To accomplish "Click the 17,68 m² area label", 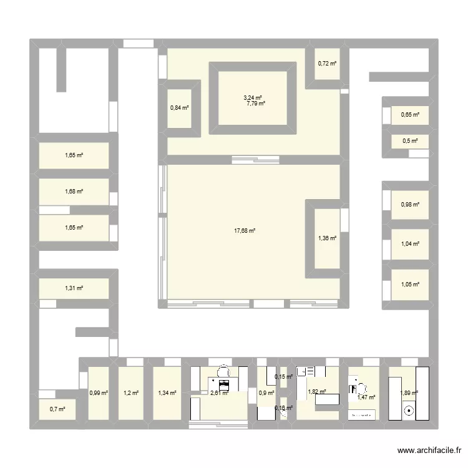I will pyautogui.click(x=245, y=231).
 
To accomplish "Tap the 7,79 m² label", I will pyautogui.click(x=256, y=104).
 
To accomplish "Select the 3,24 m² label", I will pyautogui.click(x=253, y=97).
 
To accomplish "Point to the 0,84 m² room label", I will pyautogui.click(x=180, y=107).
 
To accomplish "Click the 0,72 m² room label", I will pyautogui.click(x=328, y=63).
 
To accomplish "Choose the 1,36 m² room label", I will pyautogui.click(x=328, y=238).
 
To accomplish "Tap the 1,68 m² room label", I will pyautogui.click(x=74, y=192).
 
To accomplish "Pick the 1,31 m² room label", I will pyautogui.click(x=74, y=288).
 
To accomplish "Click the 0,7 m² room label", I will pyautogui.click(x=57, y=409).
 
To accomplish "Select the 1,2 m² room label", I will pyautogui.click(x=130, y=392).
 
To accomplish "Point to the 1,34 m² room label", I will pyautogui.click(x=167, y=392).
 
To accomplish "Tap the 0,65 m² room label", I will pyautogui.click(x=410, y=114).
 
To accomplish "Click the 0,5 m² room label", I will pyautogui.click(x=410, y=141).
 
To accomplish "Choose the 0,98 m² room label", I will pyautogui.click(x=410, y=204).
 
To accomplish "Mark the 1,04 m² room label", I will pyautogui.click(x=410, y=244).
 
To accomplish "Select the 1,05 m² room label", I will pyautogui.click(x=410, y=285).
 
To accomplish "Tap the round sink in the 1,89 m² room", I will pyautogui.click(x=409, y=411).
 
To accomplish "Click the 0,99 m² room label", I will pyautogui.click(x=99, y=393).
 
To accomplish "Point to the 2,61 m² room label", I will pyautogui.click(x=220, y=393).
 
